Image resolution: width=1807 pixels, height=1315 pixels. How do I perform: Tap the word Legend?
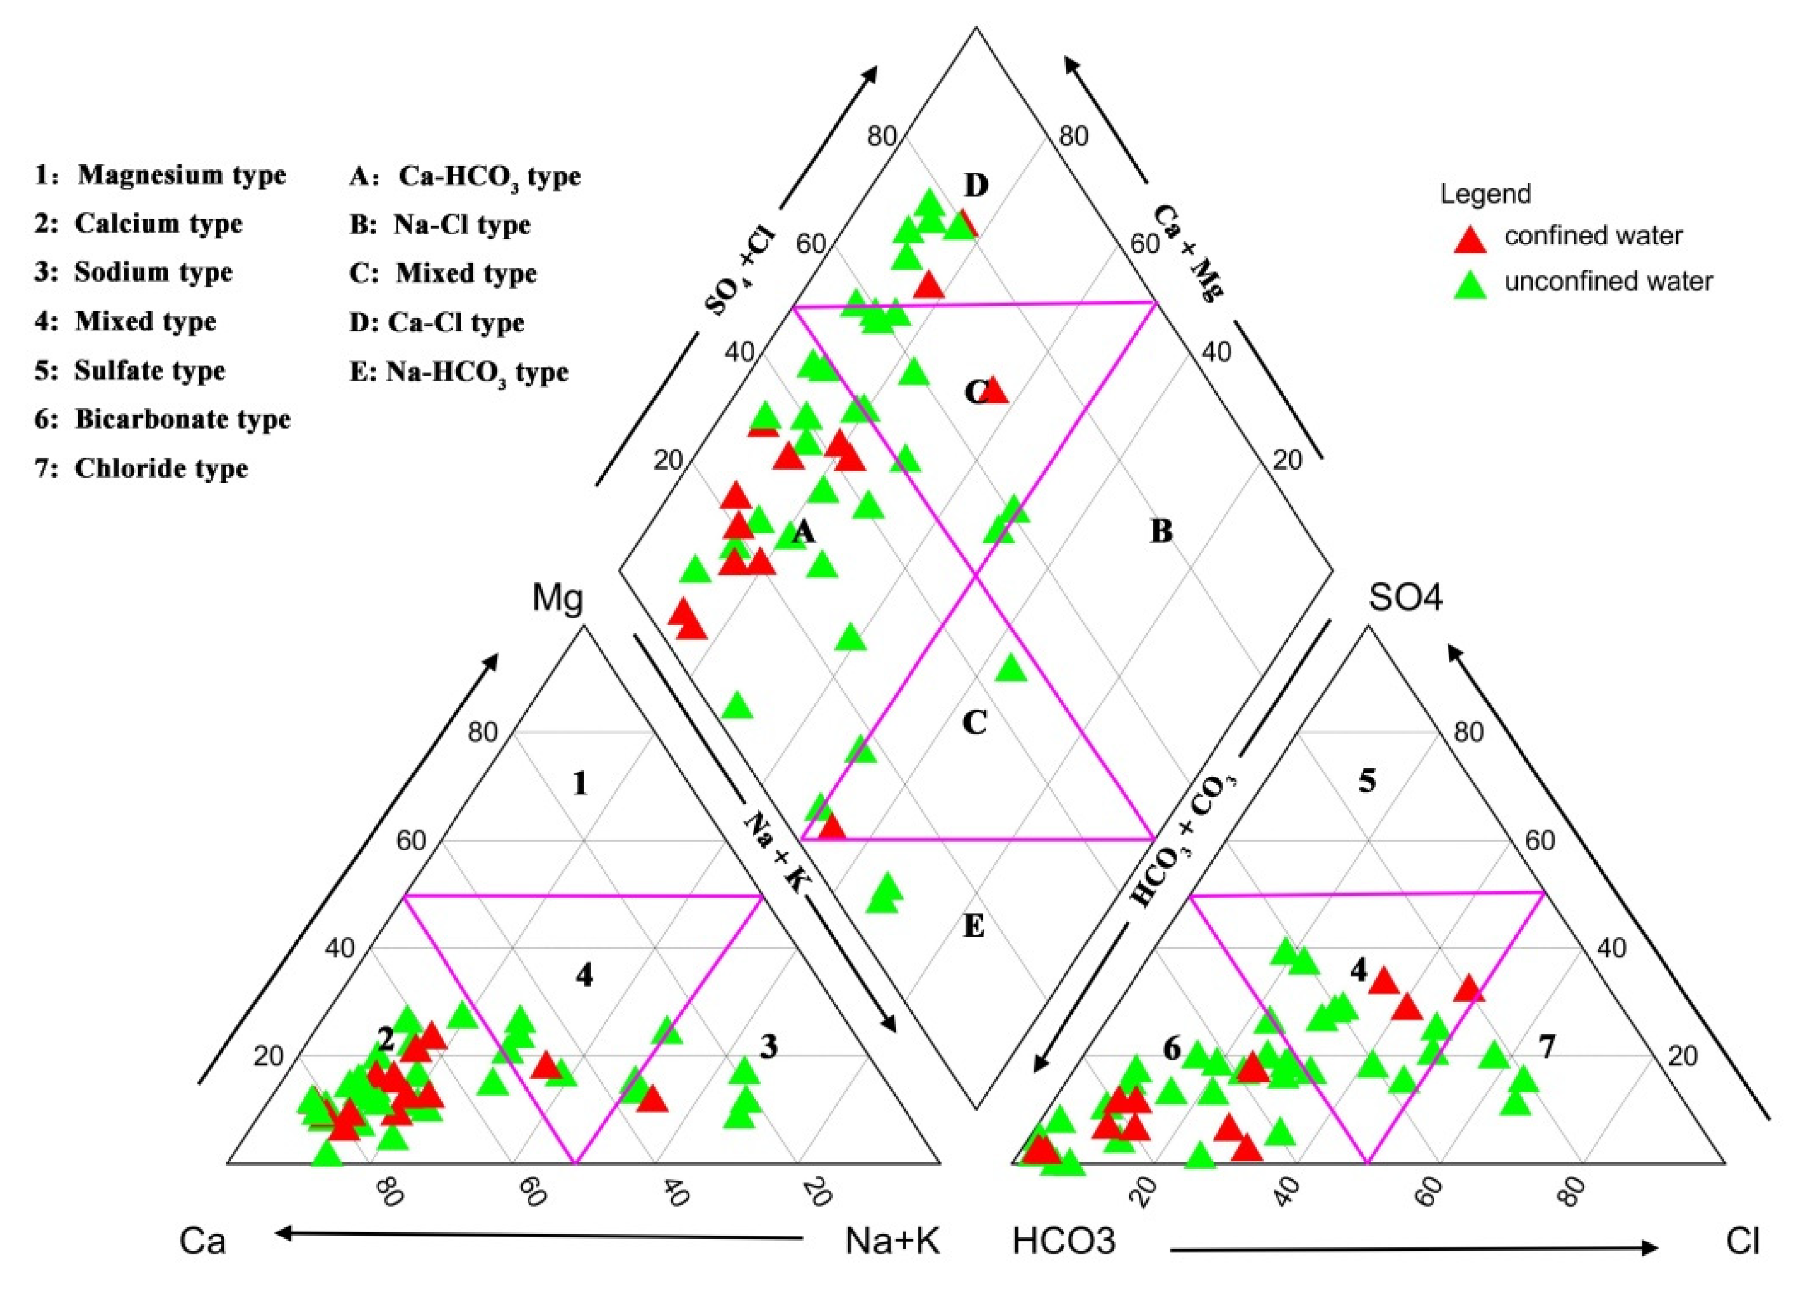point(1485,194)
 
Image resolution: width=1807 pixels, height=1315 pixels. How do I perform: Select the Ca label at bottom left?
point(203,1241)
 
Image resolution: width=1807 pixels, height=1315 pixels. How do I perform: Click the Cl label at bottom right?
point(1743,1241)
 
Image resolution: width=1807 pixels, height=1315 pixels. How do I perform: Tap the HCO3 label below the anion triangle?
point(1064,1241)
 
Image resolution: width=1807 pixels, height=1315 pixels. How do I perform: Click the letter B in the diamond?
point(1161,531)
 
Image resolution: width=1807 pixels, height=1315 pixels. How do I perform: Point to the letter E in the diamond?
point(974,927)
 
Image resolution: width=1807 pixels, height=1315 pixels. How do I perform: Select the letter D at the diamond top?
point(976,186)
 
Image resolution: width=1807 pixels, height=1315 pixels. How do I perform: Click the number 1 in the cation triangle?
point(580,784)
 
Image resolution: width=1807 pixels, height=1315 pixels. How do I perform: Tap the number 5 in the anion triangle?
point(1367,782)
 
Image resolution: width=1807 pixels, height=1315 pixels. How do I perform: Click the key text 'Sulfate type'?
point(150,371)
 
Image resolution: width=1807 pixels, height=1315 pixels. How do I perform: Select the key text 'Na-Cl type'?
point(462,224)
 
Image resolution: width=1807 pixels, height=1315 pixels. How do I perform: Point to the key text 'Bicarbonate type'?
point(183,419)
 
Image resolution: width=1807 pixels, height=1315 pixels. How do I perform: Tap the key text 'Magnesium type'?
point(182,175)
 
